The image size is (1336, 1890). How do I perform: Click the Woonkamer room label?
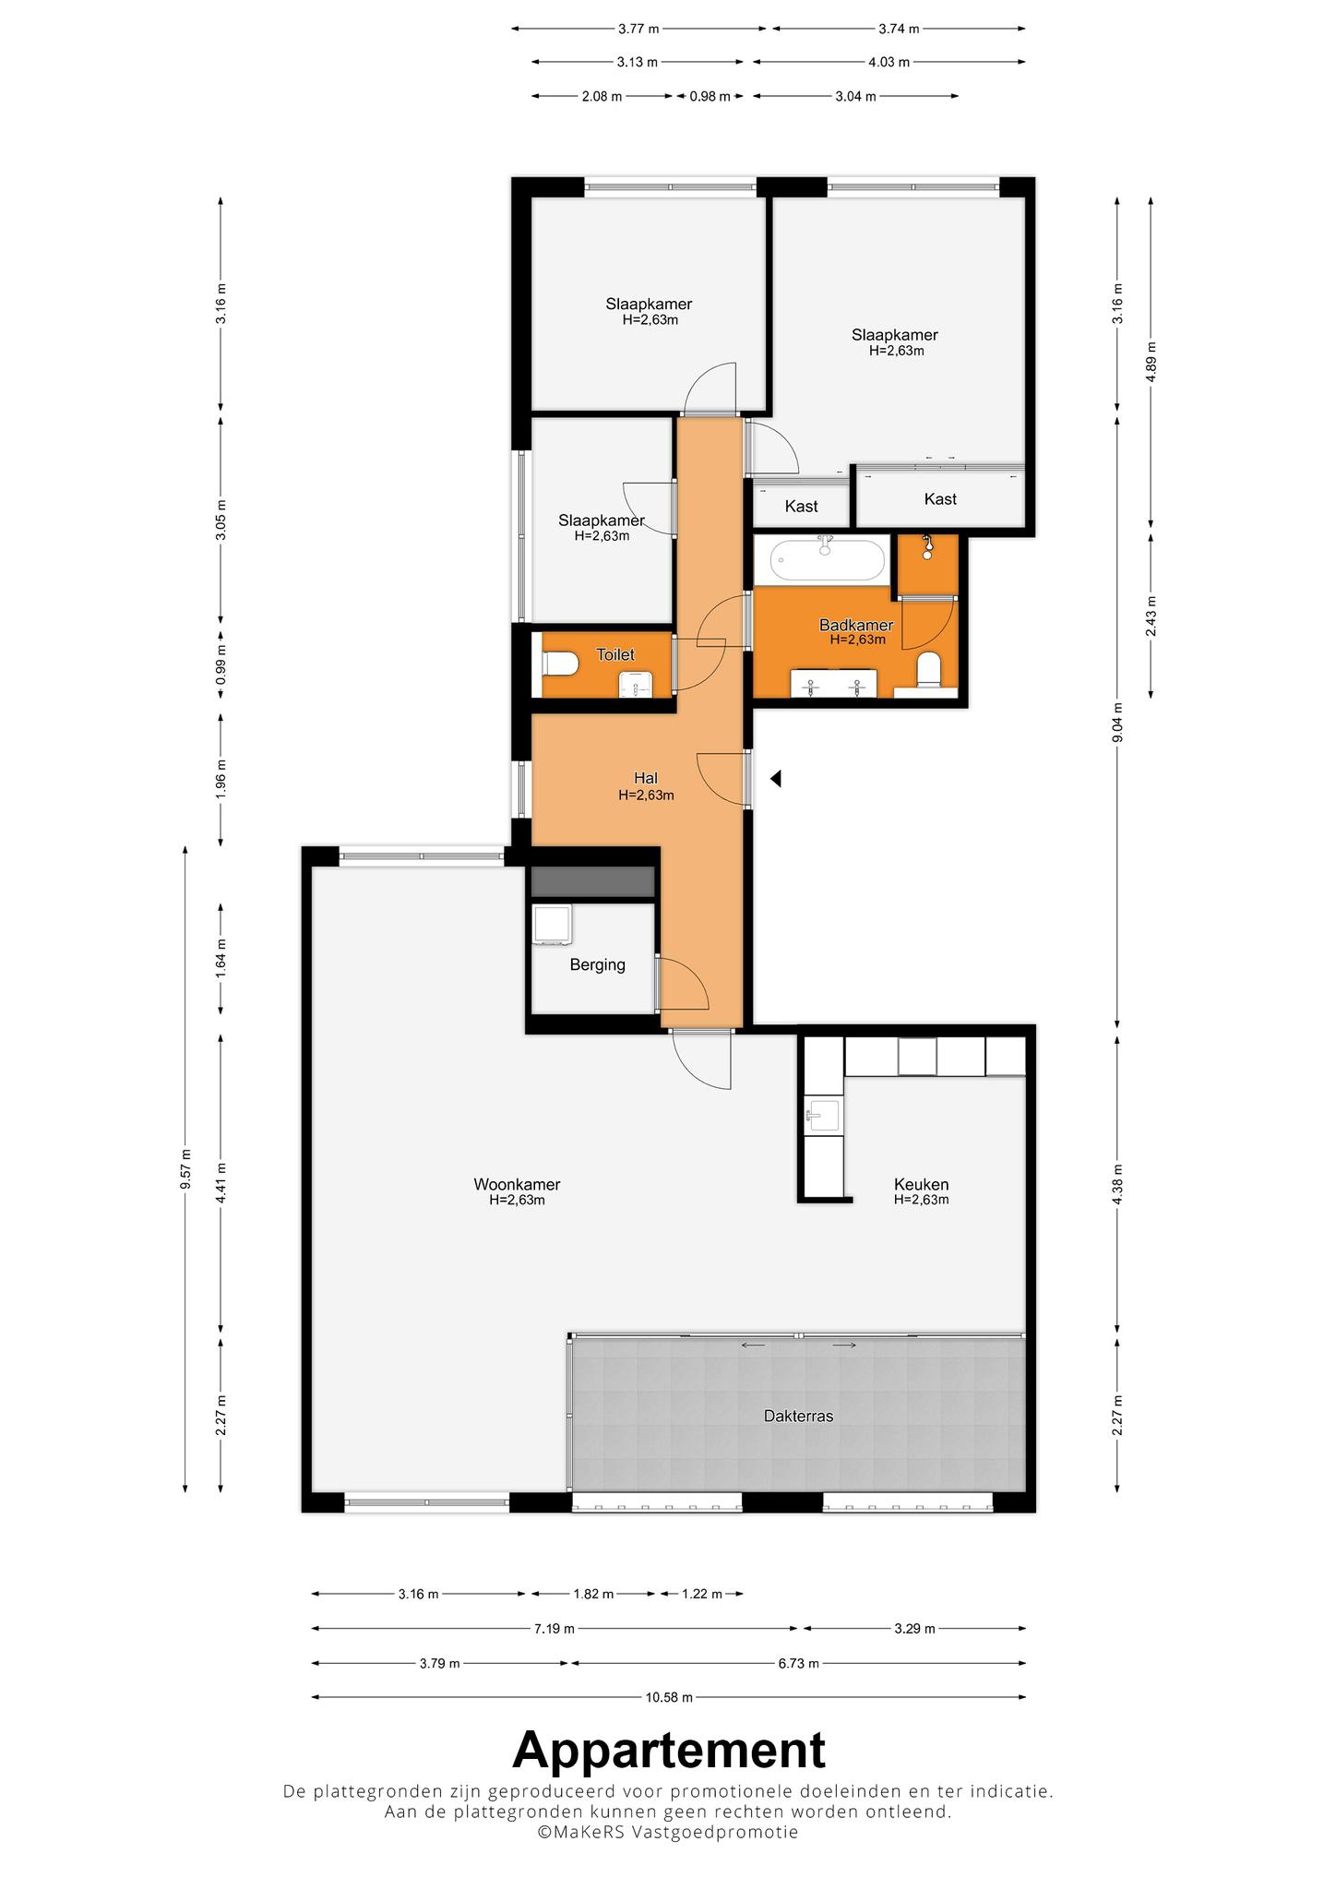(x=517, y=1185)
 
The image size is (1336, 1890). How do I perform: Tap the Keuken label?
(x=921, y=1185)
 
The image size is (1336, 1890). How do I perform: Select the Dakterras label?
(x=798, y=1416)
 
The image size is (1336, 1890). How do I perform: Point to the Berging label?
(x=597, y=965)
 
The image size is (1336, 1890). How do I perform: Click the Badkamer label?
(x=856, y=626)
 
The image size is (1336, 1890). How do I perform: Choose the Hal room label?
(x=646, y=779)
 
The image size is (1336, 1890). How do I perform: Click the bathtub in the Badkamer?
(x=828, y=559)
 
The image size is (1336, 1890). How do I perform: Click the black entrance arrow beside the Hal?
(x=776, y=779)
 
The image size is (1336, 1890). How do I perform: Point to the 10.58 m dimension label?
(x=669, y=1697)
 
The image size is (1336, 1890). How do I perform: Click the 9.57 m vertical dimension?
(x=186, y=1168)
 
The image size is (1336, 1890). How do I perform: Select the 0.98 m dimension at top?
(x=710, y=96)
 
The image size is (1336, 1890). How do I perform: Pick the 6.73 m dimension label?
(x=798, y=1664)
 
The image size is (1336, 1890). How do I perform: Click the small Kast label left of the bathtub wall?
(x=801, y=507)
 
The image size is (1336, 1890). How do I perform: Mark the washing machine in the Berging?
(x=553, y=925)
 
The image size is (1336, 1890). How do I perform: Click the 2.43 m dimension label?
(x=1151, y=615)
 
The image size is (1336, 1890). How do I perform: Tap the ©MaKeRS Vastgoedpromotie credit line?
(x=669, y=1832)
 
